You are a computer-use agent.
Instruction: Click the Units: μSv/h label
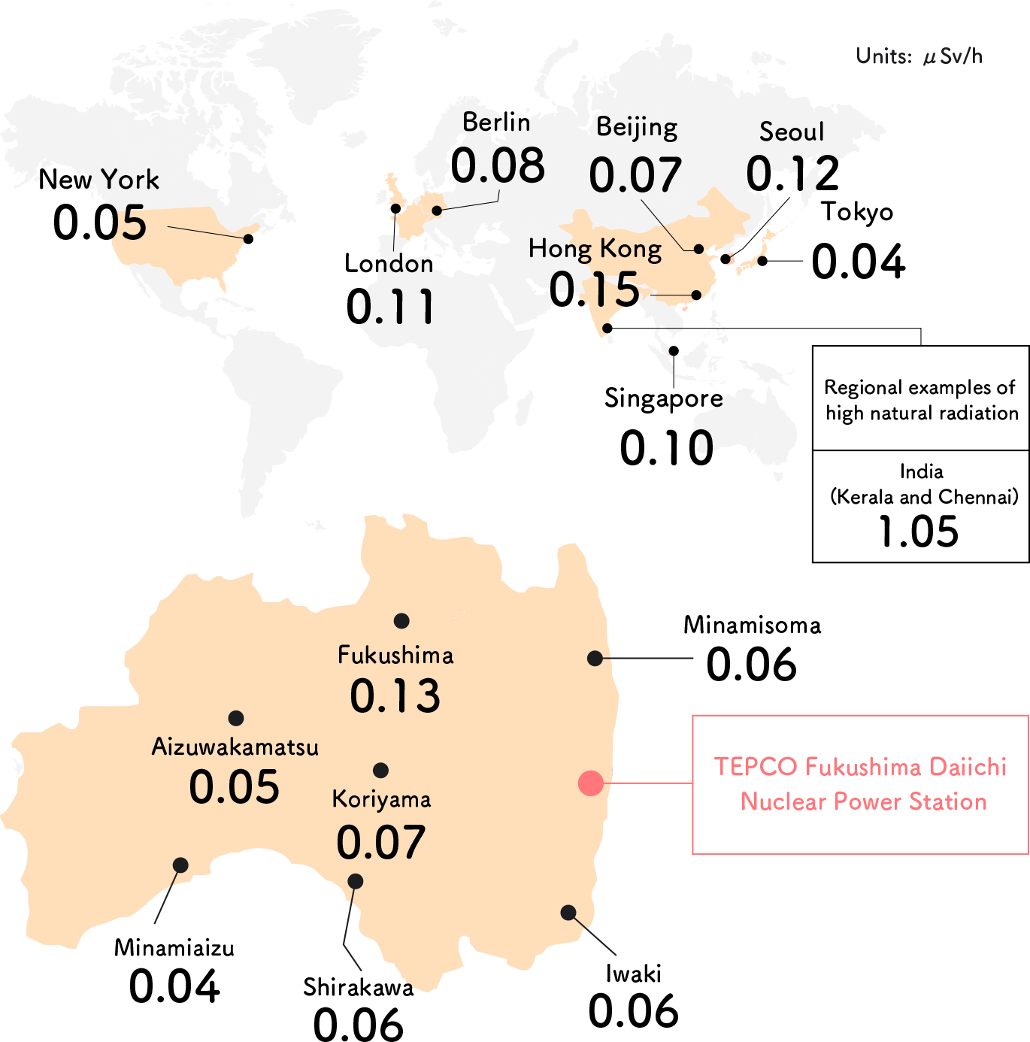point(919,56)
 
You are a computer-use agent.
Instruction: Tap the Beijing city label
point(637,128)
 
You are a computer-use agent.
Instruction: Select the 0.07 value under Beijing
point(635,175)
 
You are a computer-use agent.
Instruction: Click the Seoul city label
point(792,132)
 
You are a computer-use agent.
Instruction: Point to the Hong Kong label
point(595,249)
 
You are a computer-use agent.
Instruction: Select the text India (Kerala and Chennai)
point(922,484)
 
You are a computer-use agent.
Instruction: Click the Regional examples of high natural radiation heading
point(921,400)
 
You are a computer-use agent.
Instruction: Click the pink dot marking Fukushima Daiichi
point(591,783)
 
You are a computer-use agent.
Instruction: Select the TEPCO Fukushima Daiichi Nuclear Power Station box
point(860,784)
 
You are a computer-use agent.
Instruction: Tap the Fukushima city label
point(395,656)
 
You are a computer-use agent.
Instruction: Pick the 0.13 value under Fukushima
point(395,696)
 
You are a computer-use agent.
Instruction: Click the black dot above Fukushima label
point(401,620)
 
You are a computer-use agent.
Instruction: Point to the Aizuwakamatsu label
point(235,747)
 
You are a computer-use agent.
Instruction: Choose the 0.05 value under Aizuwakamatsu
point(234,787)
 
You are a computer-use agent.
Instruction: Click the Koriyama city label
point(381,799)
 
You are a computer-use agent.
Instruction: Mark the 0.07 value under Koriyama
point(381,843)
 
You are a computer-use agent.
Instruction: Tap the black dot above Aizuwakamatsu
point(236,718)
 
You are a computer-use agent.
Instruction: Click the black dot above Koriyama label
point(381,770)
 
